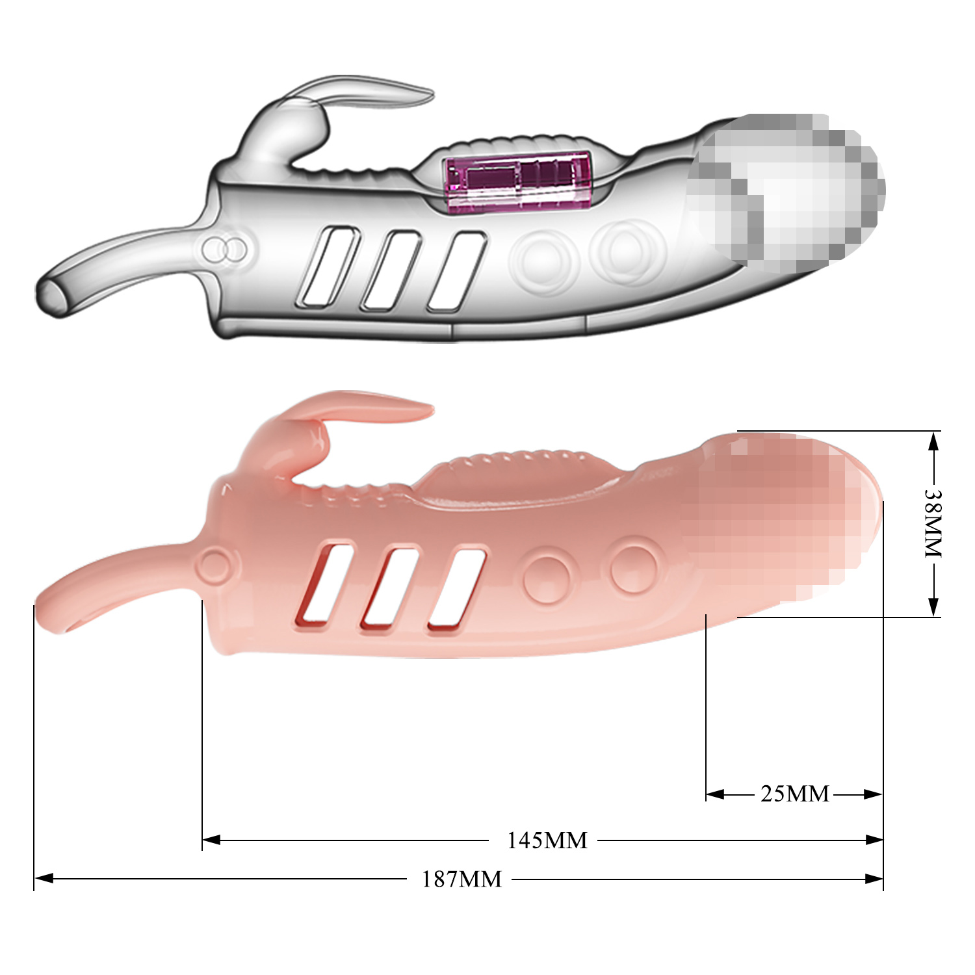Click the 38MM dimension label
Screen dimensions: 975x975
[933, 523]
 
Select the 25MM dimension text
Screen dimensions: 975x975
[794, 794]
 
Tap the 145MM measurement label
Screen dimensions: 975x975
[547, 840]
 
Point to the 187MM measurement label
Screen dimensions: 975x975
[461, 879]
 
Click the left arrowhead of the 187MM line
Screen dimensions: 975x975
[43, 879]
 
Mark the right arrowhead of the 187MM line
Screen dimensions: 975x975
[874, 879]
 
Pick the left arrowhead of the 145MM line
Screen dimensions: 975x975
[212, 840]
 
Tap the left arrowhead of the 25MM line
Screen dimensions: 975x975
[715, 794]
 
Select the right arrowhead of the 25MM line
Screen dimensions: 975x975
[873, 794]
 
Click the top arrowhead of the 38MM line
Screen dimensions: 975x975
[933, 442]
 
